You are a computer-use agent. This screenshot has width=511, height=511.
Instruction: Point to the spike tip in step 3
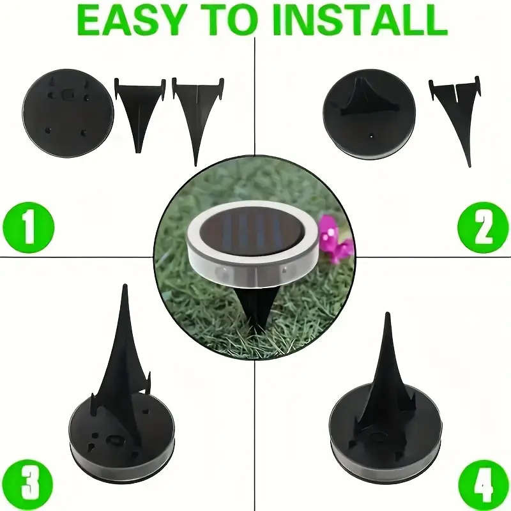click(125, 294)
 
